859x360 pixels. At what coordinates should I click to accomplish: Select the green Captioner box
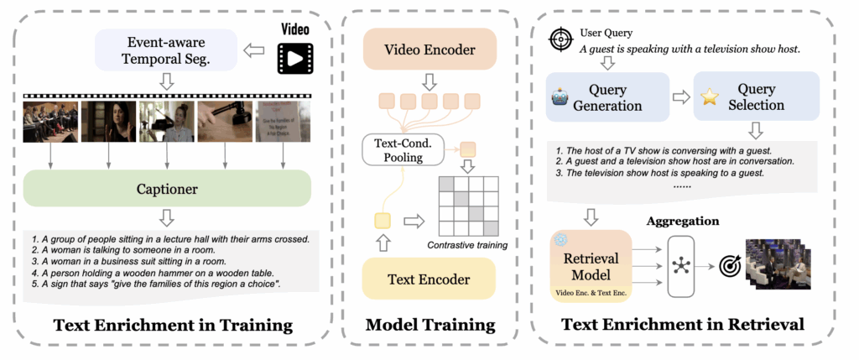[168, 189]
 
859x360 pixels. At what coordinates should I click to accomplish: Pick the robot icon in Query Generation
[560, 97]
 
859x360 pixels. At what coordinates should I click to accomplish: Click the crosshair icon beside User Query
[560, 39]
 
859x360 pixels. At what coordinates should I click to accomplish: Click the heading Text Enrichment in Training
[168, 324]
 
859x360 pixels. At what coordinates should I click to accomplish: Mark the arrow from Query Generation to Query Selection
[681, 97]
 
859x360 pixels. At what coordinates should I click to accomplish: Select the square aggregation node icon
[680, 266]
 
